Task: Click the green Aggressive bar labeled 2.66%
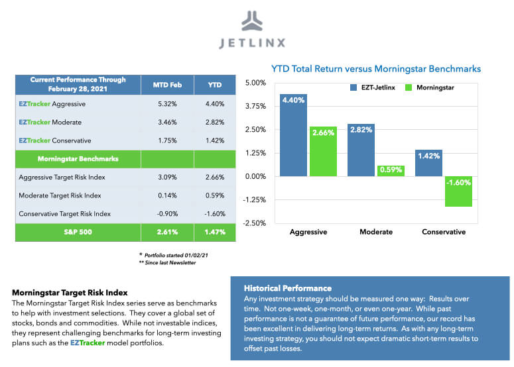point(323,152)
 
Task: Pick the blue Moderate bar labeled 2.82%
point(361,150)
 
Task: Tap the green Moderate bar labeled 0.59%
point(391,171)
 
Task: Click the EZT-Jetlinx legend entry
point(373,87)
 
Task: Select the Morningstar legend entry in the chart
point(432,87)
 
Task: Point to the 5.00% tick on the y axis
point(255,83)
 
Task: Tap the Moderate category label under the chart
point(375,232)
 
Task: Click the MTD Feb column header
point(167,85)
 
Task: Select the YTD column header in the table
point(215,85)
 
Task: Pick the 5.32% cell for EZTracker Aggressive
point(167,104)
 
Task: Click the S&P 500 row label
point(78,233)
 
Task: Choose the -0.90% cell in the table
point(167,214)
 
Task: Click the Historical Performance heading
point(287,289)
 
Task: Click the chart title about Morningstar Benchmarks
point(375,69)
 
